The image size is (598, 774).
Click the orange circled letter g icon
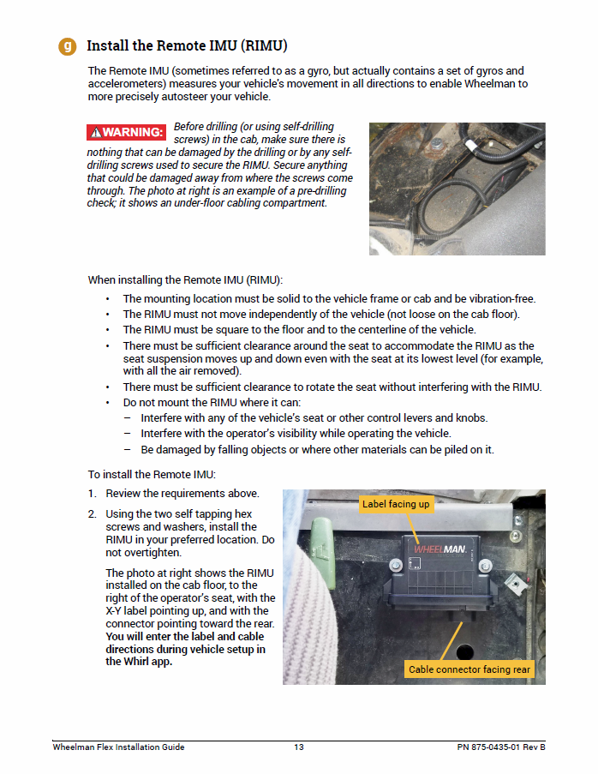67,46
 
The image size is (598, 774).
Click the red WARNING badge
127,132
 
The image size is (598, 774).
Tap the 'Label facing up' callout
396,504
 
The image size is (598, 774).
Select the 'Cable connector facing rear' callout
469,669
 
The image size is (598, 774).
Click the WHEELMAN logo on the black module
441,547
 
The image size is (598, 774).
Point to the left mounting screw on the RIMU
395,565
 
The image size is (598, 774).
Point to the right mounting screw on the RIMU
486,565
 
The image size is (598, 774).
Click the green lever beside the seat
321,537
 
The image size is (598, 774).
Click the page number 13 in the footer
298,747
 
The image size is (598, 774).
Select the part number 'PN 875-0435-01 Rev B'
500,747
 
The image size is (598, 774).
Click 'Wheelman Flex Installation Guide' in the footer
118,747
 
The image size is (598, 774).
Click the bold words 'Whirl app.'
139,662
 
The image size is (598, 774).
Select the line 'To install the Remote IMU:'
152,474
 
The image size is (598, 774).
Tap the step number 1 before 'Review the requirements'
92,495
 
